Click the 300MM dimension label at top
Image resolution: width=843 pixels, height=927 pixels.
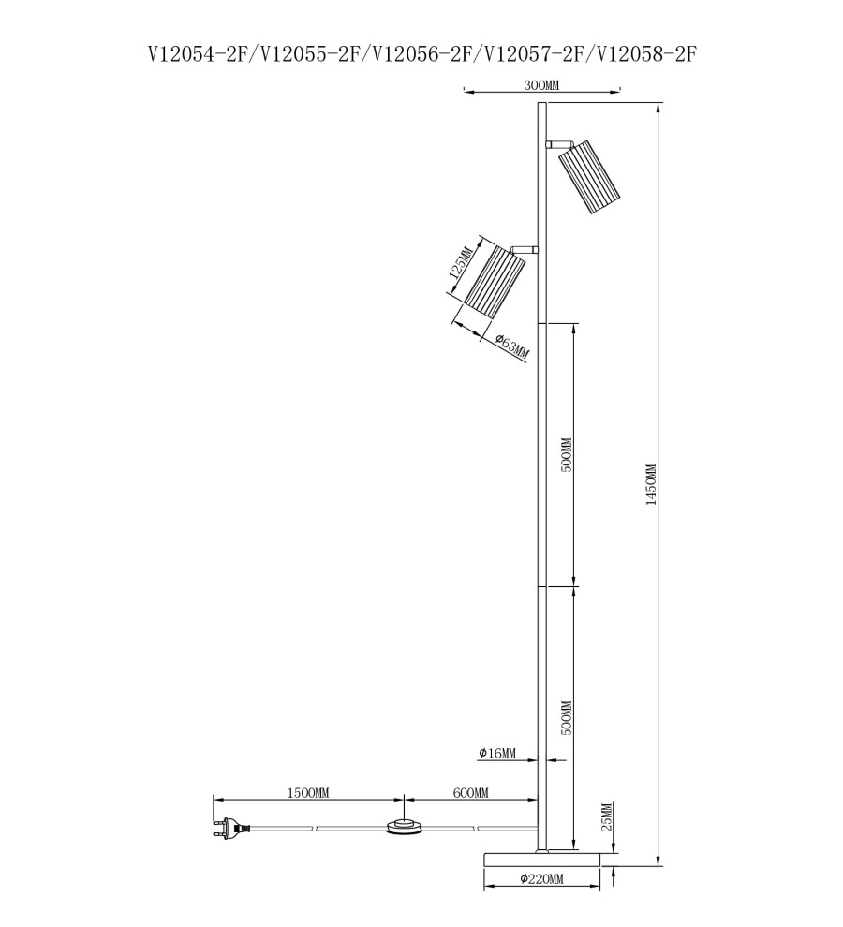click(541, 85)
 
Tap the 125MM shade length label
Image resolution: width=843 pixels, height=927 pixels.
click(462, 263)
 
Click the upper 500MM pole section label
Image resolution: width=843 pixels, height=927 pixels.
click(567, 455)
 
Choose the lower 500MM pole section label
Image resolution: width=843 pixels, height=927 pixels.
click(567, 717)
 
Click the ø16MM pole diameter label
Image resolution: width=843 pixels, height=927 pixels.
click(497, 753)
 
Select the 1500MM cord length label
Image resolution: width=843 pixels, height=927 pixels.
click(308, 793)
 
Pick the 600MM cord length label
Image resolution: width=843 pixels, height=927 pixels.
click(471, 793)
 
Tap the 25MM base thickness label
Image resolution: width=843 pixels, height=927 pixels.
click(607, 817)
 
